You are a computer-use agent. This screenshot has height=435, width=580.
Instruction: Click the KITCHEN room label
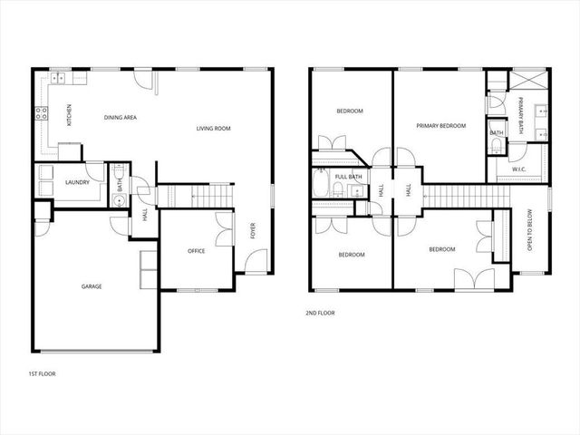(x=69, y=115)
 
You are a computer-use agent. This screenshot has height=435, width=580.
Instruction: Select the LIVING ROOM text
(x=214, y=129)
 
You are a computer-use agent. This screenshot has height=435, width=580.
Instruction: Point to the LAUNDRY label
(x=77, y=182)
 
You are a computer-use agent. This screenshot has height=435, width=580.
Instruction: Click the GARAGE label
(x=92, y=286)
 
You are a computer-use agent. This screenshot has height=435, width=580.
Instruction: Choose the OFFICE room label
(x=197, y=250)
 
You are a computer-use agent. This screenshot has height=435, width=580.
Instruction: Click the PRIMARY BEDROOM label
(x=440, y=126)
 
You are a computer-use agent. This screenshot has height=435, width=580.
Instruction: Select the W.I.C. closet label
(x=519, y=169)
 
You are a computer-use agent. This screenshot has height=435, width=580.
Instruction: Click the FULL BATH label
(x=349, y=177)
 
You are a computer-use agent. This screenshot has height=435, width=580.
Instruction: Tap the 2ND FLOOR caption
(x=320, y=313)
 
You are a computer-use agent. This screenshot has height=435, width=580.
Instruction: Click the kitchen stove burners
(x=41, y=114)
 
